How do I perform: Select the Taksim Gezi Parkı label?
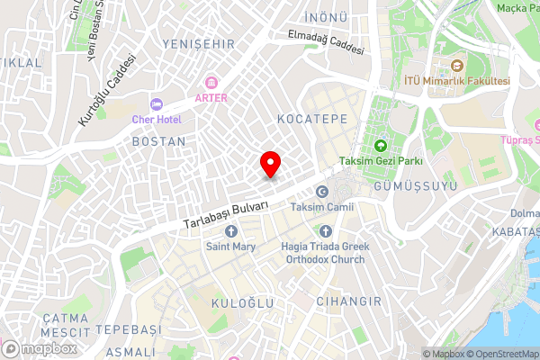pos(380,161)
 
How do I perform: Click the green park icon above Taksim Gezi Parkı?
pos(380,146)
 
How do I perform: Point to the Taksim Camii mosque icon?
pos(321,192)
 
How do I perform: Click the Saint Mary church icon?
pos(230,232)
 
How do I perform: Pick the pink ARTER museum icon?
pos(211,82)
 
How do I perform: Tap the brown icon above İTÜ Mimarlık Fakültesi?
pos(457,66)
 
